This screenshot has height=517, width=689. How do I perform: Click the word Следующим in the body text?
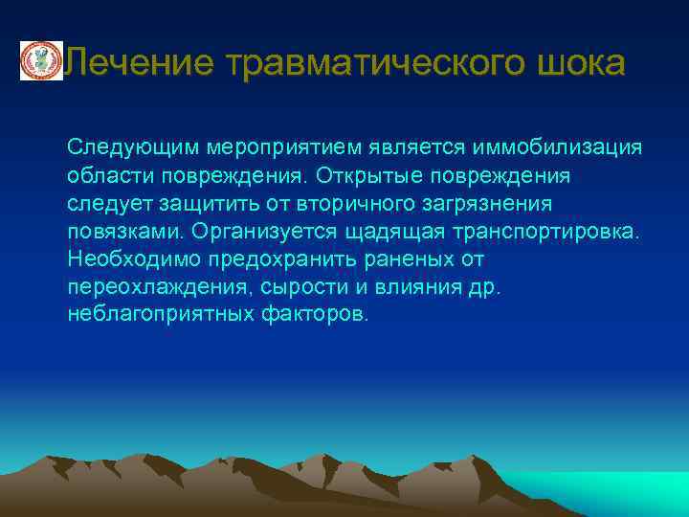point(132,148)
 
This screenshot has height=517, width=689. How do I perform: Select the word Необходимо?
point(128,259)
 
